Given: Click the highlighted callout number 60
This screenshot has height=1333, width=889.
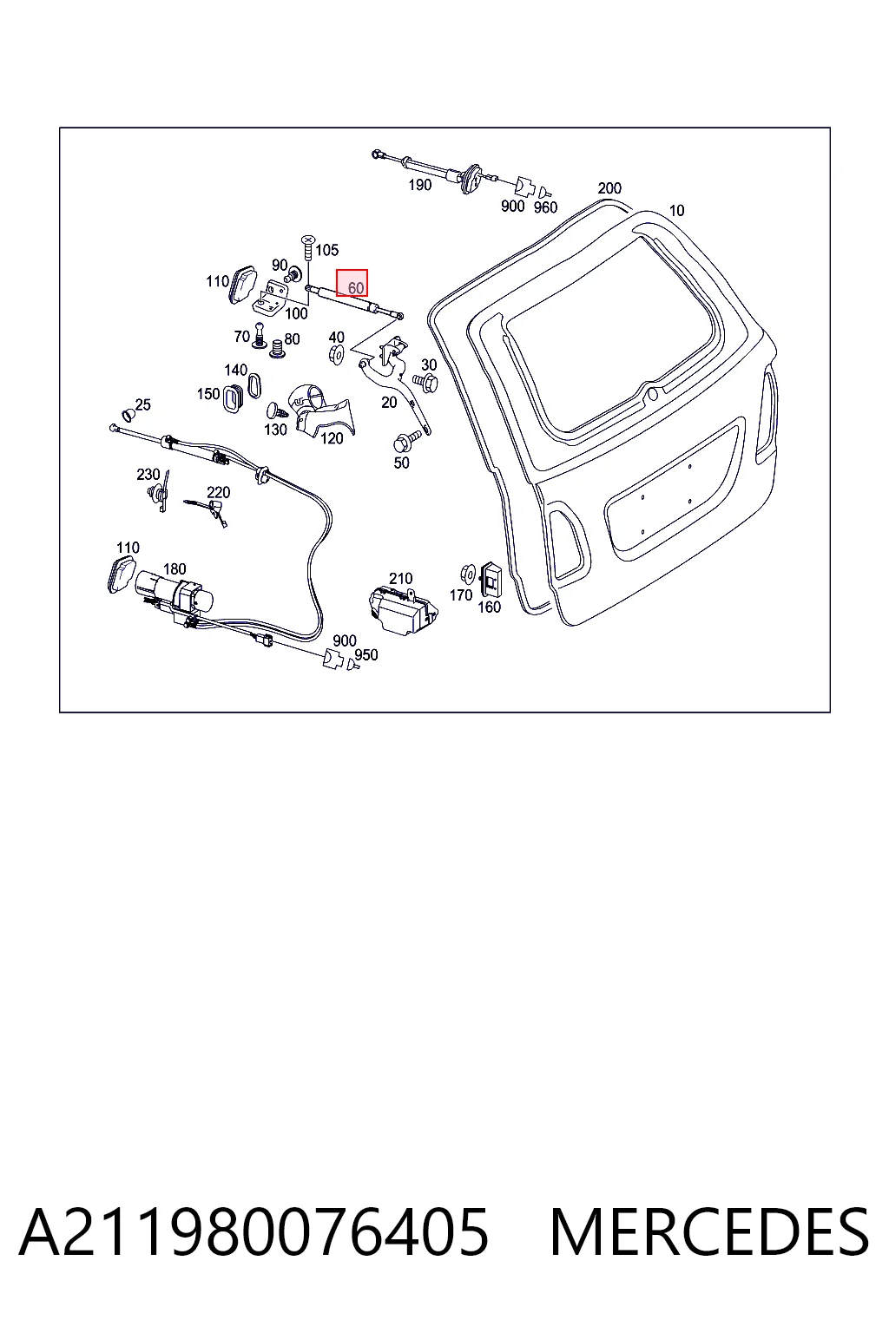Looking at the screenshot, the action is point(355,288).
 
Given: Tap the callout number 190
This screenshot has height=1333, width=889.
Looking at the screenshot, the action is point(420,185).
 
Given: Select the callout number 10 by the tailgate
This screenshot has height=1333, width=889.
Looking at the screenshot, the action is point(676,211).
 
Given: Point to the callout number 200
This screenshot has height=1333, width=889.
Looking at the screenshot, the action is point(609,188).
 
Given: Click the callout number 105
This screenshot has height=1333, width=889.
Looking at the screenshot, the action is point(326,250).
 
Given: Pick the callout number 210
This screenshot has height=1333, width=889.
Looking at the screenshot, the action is point(401,579).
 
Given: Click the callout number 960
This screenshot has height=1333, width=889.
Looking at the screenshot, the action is point(545,207).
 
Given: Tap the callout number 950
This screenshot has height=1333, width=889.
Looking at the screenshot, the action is point(366,654).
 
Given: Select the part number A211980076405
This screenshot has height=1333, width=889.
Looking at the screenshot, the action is point(254,1231).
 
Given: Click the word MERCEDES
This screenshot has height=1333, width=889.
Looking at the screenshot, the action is point(709,1231).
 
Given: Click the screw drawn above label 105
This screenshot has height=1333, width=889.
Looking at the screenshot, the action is point(308,247).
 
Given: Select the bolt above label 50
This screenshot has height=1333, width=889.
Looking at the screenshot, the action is point(406,441).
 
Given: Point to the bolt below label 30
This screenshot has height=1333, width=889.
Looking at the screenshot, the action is point(425,382).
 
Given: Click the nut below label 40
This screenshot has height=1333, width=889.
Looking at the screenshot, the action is point(337,354).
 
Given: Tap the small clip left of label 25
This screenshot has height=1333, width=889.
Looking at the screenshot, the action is point(128,414).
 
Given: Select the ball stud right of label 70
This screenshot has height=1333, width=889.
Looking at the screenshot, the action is point(259,335).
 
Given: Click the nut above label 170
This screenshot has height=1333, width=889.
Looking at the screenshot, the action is point(467,575).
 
